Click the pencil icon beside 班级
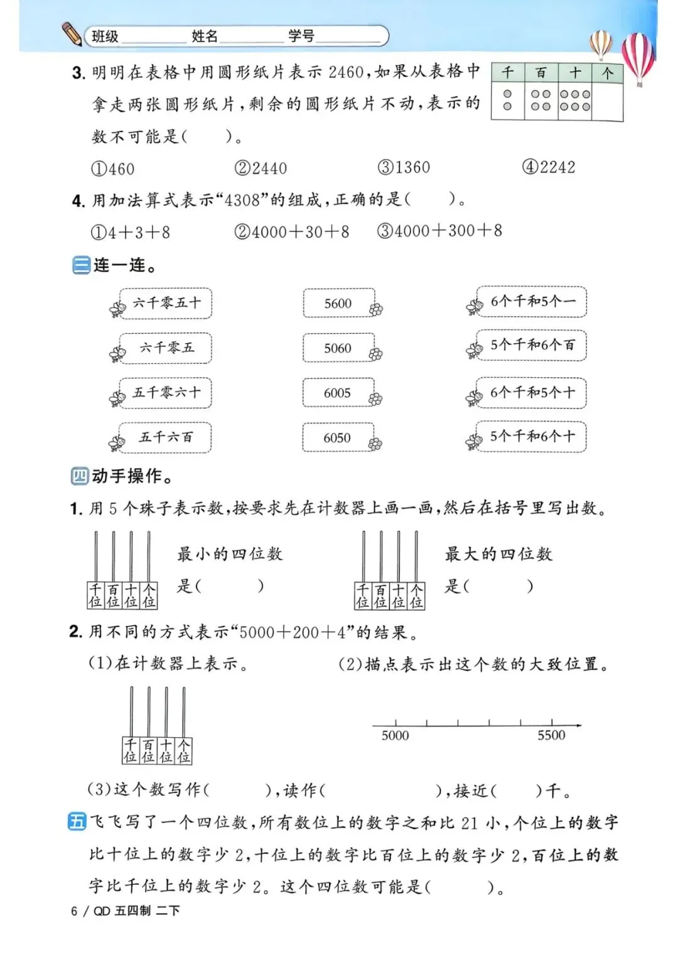(x=72, y=34)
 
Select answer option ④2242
(x=548, y=167)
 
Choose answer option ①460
(x=112, y=169)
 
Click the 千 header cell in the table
(x=507, y=72)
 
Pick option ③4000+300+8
(x=439, y=231)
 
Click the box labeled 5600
(x=338, y=304)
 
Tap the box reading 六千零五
(x=166, y=348)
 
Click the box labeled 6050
(x=337, y=437)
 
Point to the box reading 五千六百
(x=166, y=437)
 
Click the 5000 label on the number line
(x=395, y=735)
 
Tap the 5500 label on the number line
(x=551, y=735)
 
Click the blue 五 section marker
(x=77, y=822)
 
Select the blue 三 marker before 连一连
(x=81, y=265)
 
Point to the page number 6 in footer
(x=74, y=911)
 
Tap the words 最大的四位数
(x=498, y=554)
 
